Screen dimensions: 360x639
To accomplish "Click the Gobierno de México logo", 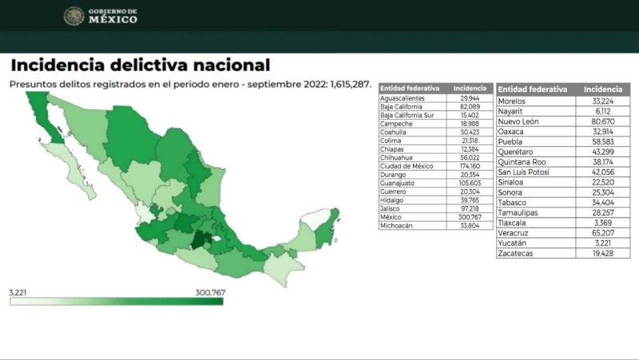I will (x=101, y=15).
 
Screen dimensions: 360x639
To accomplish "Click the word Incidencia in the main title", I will (x=67, y=65).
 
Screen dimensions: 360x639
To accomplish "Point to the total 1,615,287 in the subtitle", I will (x=343, y=83).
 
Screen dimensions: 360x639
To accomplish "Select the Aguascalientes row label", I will (x=403, y=98).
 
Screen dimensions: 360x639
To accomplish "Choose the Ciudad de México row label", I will (x=407, y=166).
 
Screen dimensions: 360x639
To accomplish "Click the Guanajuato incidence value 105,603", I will (x=470, y=184).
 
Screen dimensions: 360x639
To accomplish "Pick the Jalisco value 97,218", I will (x=470, y=208).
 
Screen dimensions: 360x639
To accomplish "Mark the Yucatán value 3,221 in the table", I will (x=603, y=243).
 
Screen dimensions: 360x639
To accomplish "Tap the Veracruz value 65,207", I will (x=603, y=233).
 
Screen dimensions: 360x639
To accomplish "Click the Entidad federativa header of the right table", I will (x=533, y=89).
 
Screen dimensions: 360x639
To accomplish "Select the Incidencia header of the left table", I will (x=470, y=88).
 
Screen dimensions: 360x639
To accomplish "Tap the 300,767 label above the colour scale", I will (x=209, y=292).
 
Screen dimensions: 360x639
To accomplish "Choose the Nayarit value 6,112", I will (x=603, y=112).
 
